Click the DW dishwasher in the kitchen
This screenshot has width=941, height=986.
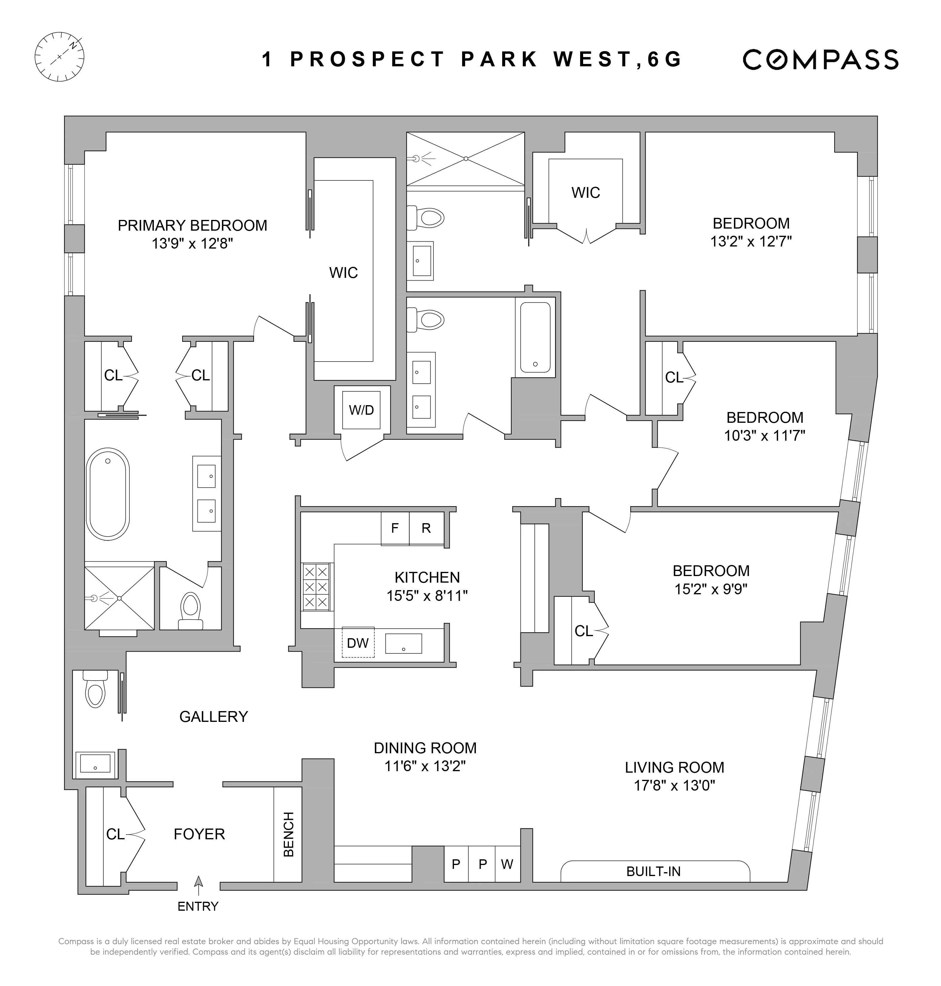pos(358,643)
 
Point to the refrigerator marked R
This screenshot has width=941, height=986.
pos(426,528)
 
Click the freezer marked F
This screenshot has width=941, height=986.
pos(395,528)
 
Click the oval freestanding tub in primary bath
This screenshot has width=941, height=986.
pos(108,494)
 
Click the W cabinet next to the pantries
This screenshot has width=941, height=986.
pos(507,864)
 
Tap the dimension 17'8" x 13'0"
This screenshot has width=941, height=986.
pos(674,785)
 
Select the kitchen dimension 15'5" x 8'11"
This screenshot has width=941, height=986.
pos(427,595)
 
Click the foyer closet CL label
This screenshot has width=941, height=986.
pos(115,834)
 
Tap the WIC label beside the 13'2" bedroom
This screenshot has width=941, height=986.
pos(586,193)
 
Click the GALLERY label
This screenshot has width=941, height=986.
pos(214,716)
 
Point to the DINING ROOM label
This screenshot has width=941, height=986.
pos(425,748)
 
